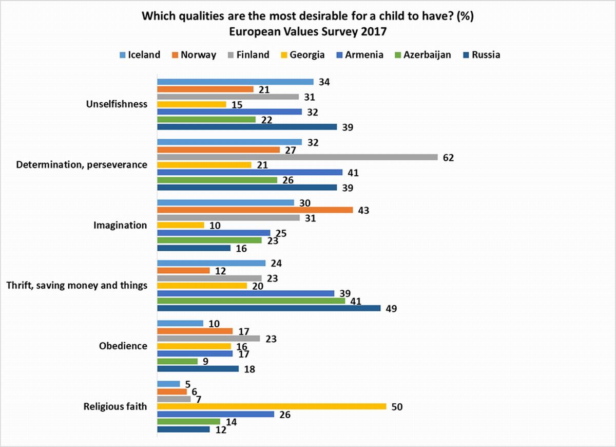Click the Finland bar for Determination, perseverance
297,157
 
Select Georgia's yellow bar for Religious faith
271,406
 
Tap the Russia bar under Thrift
268,308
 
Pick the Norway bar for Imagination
255,210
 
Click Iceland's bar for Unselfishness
235,81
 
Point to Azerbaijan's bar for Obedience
177,361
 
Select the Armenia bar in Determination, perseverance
249,172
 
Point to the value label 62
449,157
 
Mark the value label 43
363,210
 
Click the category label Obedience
123,346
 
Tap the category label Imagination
120,225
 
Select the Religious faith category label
115,406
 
